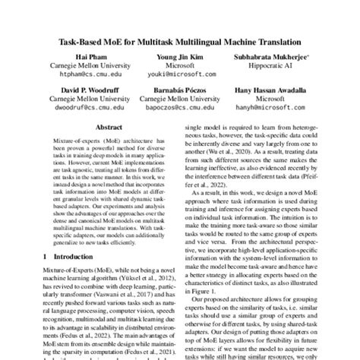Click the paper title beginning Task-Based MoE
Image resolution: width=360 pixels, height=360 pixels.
pos(180,42)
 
